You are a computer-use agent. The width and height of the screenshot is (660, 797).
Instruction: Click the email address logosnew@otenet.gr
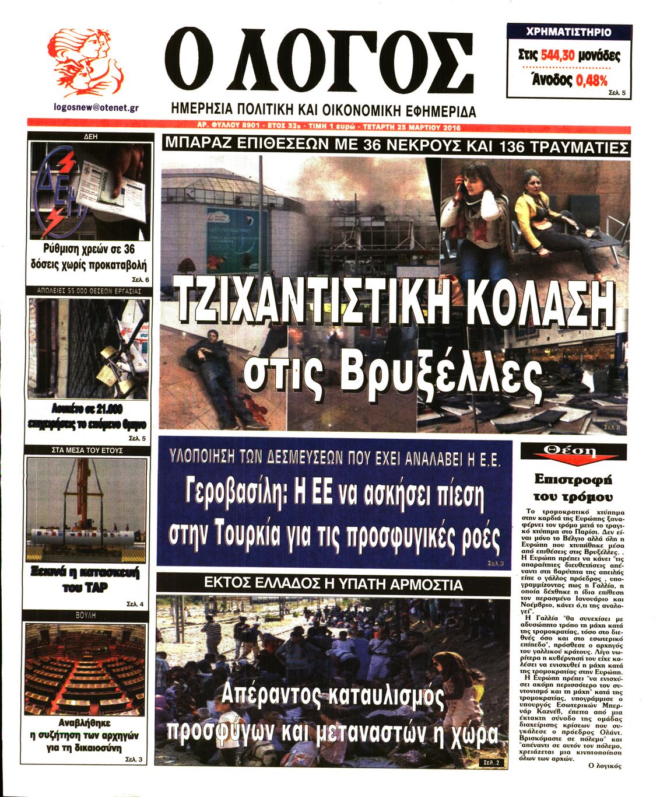(96, 107)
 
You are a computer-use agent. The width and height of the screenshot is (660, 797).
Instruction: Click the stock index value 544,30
(557, 55)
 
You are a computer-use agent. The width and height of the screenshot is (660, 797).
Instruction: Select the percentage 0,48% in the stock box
(591, 81)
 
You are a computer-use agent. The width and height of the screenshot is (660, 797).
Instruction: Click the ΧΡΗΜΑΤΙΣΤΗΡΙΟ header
(568, 32)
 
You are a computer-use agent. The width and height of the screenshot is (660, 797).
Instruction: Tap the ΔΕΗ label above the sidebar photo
(90, 136)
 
